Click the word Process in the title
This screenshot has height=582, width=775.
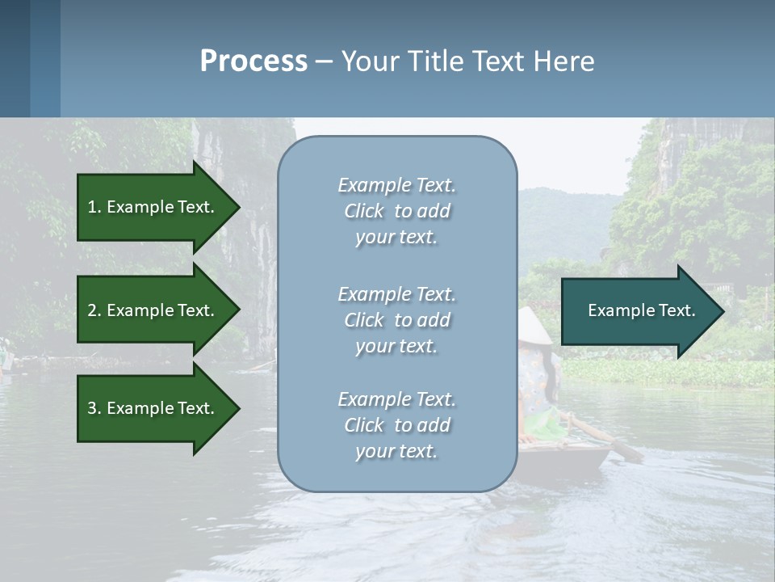pos(253,61)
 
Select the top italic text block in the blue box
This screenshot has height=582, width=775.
pos(396,211)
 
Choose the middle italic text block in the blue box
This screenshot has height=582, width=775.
pos(396,320)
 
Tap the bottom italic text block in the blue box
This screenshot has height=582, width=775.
pos(396,425)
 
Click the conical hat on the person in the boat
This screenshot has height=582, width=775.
pos(534,326)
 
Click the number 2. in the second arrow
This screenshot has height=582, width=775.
pos(94,310)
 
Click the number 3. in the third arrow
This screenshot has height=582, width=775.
pos(94,408)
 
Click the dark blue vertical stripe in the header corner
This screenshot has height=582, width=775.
pos(15,58)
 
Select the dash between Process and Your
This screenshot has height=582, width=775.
pos(324,61)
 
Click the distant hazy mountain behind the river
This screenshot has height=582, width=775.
pos(565,218)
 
